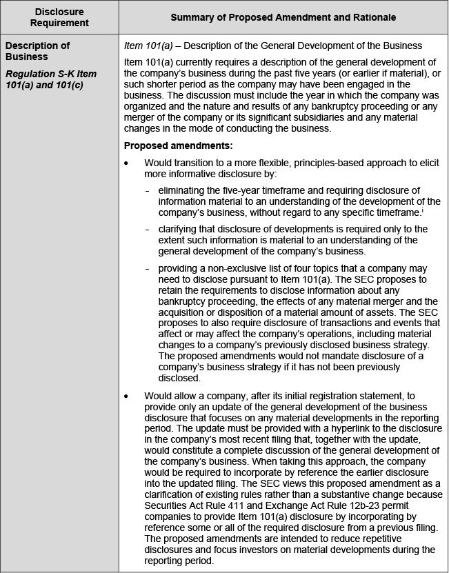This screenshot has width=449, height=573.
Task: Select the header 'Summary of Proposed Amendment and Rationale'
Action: pyautogui.click(x=283, y=17)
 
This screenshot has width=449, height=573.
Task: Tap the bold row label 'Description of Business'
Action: pyautogui.click(x=37, y=51)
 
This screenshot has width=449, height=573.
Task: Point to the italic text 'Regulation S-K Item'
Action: pyautogui.click(x=50, y=74)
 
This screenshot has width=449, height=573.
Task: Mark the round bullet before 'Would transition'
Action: pyautogui.click(x=126, y=163)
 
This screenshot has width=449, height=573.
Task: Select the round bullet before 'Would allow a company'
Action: pyautogui.click(x=126, y=396)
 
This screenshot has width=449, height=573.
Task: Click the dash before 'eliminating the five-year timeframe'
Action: pyautogui.click(x=148, y=190)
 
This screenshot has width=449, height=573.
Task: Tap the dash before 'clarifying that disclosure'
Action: pyautogui.click(x=148, y=230)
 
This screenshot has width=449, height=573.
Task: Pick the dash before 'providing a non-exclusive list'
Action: pyautogui.click(x=148, y=268)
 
